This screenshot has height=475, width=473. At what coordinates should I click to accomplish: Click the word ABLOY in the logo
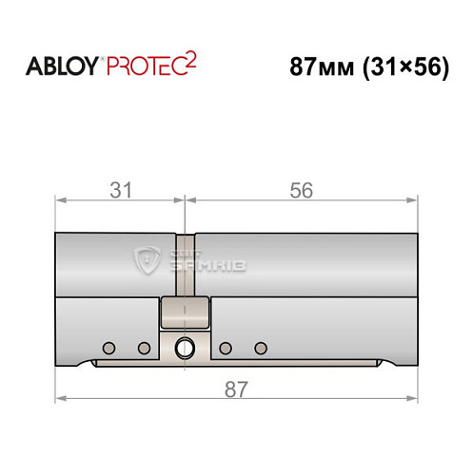tap(63, 66)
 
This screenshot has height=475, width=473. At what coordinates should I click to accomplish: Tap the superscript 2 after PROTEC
tap(190, 60)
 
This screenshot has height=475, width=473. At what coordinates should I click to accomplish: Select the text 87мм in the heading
tap(322, 67)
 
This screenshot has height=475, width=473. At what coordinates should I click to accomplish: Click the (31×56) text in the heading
tap(405, 67)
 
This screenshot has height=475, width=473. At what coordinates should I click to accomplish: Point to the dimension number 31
tap(121, 190)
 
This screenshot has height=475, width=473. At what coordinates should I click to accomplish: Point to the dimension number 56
tap(302, 190)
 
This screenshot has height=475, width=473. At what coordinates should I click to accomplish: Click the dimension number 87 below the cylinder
tap(236, 389)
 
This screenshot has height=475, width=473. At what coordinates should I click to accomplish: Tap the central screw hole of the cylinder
tap(185, 348)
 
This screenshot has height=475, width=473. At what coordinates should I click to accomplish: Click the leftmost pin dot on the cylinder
tap(108, 348)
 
